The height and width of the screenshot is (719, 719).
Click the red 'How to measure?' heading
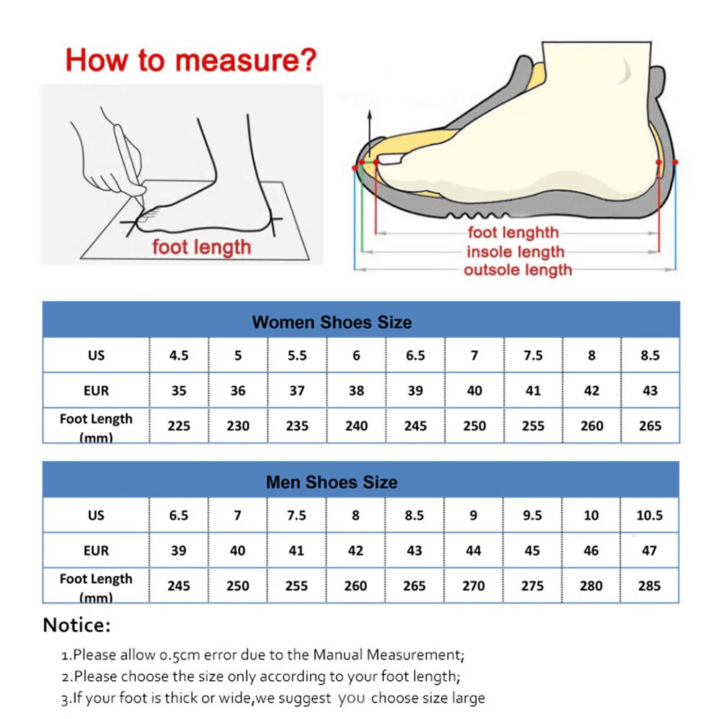pyautogui.click(x=191, y=60)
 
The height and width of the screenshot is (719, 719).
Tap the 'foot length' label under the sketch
pyautogui.click(x=201, y=247)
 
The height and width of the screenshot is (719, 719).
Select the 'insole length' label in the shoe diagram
pyautogui.click(x=515, y=252)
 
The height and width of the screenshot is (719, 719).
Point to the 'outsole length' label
pyautogui.click(x=518, y=270)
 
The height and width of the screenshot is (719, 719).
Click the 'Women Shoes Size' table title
pyautogui.click(x=331, y=322)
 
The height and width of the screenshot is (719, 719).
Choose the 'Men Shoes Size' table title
pyautogui.click(x=331, y=482)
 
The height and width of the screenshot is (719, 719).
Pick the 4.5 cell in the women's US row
pyautogui.click(x=178, y=355)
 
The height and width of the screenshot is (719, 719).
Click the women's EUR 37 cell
pyautogui.click(x=297, y=390)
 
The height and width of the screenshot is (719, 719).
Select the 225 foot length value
pyautogui.click(x=178, y=426)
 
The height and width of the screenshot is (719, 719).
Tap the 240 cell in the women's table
pyautogui.click(x=356, y=426)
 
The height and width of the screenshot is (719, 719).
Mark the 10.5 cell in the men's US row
pyautogui.click(x=649, y=516)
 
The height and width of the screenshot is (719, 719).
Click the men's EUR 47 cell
pyautogui.click(x=649, y=551)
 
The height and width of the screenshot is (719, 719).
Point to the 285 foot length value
pyautogui.click(x=649, y=586)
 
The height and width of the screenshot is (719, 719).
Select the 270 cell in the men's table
pyautogui.click(x=473, y=586)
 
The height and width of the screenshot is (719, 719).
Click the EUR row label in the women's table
pyautogui.click(x=96, y=390)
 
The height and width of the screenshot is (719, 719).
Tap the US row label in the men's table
pyautogui.click(x=96, y=516)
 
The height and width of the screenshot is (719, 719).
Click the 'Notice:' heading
pyautogui.click(x=77, y=625)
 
